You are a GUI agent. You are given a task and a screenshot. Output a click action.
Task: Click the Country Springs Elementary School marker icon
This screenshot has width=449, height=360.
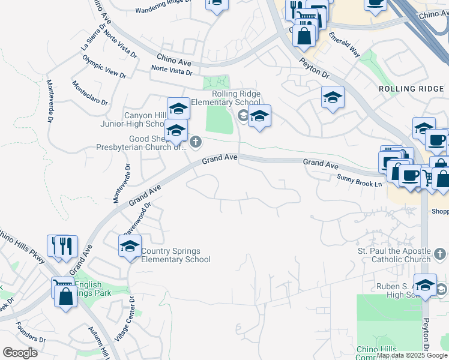130,246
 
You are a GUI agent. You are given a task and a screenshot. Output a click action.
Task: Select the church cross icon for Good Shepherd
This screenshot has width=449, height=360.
196,142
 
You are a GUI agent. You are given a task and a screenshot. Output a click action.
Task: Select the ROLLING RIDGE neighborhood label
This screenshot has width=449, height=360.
413,89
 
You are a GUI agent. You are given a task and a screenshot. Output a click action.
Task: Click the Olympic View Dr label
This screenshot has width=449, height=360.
104,67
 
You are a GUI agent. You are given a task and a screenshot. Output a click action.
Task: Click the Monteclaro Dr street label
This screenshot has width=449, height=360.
89,94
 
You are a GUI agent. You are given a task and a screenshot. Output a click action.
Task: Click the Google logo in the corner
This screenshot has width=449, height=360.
20,353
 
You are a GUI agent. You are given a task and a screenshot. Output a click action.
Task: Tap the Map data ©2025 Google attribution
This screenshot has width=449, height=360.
412,355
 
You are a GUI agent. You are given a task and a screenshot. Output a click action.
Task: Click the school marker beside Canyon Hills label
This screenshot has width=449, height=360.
178,109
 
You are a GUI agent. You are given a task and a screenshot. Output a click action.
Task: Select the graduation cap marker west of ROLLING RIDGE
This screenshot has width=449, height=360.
333,97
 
